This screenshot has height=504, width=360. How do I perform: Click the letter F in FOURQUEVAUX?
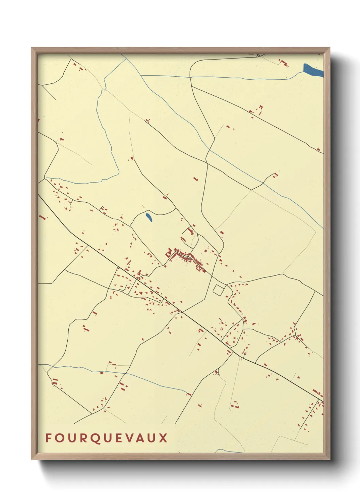tap(48, 438)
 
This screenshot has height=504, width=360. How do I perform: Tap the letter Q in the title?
tap(95, 438)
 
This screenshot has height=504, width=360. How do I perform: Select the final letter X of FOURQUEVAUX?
tap(164, 438)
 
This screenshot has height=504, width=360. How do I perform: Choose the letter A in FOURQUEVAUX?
tap(140, 438)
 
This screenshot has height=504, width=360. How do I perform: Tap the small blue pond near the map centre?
tap(149, 217)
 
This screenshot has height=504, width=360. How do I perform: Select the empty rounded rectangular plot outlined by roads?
tap(218, 290)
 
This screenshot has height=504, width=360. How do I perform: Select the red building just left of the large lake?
tap(284, 63)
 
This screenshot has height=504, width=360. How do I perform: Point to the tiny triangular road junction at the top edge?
tap(260, 55)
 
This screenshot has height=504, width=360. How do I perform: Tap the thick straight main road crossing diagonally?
tap(191, 317)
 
